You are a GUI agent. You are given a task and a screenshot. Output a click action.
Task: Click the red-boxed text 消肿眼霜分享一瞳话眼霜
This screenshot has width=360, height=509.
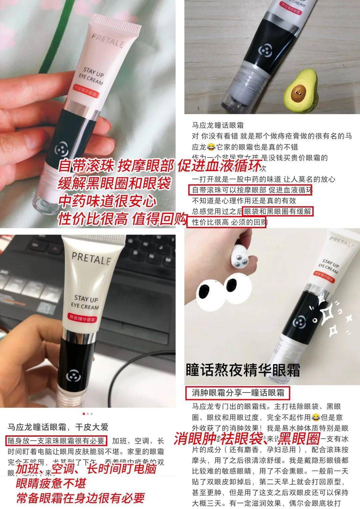coord(238,393)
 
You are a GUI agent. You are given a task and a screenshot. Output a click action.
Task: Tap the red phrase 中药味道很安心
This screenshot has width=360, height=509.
coord(107,201)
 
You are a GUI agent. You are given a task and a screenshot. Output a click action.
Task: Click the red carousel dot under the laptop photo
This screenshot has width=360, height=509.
coord(83,414)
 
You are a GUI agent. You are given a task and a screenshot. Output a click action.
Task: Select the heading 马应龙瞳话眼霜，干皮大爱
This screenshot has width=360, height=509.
coord(58,427)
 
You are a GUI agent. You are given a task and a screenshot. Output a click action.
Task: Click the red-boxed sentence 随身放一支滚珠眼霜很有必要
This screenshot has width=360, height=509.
coord(57,441)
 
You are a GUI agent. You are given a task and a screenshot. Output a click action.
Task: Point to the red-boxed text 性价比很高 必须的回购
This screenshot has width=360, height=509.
coord(229,222)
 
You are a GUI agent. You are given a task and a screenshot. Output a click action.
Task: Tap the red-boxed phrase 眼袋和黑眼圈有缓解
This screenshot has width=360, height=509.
coord(278,212)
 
